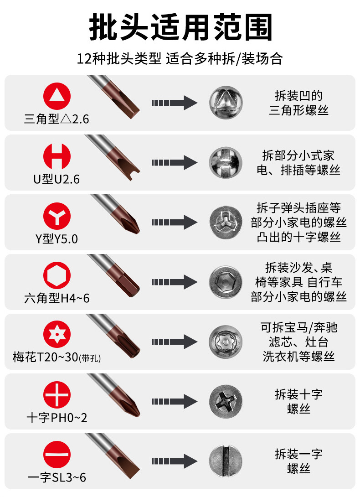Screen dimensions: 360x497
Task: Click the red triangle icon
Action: pos(57,97)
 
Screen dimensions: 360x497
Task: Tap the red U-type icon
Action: pos(57,156)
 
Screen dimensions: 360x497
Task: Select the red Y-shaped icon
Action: pos(57,216)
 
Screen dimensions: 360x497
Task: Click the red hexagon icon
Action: pos(57,275)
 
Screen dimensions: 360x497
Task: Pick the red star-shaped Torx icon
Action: pos(57,335)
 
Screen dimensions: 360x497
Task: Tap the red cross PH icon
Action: pos(57,395)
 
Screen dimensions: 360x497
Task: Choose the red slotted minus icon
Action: pos(57,454)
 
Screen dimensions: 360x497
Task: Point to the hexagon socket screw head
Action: pos(226,282)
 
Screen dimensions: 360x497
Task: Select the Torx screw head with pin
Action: pos(226,341)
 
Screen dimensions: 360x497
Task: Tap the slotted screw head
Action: pos(226,461)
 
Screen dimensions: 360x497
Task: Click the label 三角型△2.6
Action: pos(57,120)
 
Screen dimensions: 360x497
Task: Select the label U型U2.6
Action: pos(57,180)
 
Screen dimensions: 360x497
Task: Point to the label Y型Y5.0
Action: pos(57,239)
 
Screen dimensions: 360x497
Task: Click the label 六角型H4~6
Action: pos(57,299)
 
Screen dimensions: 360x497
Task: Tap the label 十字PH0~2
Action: pos(57,418)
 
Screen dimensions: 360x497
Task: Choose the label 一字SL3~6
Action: pos(57,477)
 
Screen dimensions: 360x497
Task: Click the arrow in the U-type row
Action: pos(174,162)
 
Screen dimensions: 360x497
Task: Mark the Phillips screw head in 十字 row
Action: pos(226,401)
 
